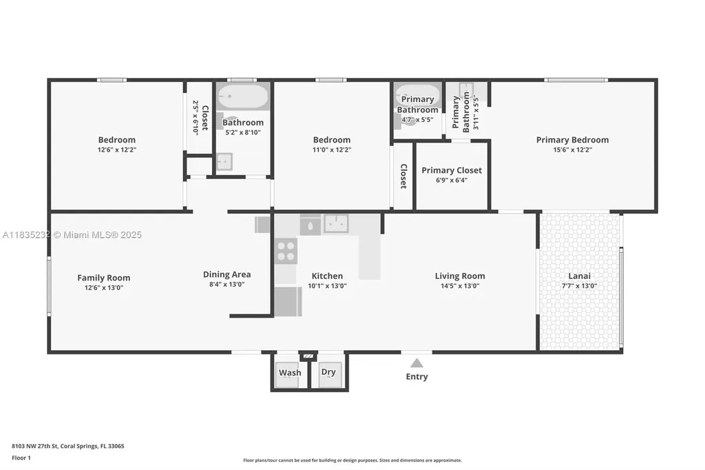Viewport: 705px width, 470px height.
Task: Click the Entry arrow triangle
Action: (x=417, y=363)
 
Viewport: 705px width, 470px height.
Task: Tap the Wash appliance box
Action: (x=290, y=372)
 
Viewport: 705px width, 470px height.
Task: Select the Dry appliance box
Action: (x=328, y=372)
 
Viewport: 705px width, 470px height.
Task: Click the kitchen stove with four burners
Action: (x=286, y=251)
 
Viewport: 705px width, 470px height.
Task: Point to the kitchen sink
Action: (x=336, y=223)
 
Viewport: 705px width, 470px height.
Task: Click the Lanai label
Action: (x=579, y=276)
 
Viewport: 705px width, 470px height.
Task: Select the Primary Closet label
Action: (x=452, y=170)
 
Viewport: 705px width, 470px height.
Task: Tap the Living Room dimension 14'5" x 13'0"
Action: (x=460, y=285)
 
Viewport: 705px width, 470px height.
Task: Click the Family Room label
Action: (x=103, y=278)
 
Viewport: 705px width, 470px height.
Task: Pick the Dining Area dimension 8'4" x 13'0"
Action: (x=227, y=284)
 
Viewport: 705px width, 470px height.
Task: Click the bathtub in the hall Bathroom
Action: (x=242, y=96)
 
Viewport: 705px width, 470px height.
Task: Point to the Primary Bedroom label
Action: (x=572, y=140)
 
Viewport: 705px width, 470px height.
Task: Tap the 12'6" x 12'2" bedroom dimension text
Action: (x=117, y=150)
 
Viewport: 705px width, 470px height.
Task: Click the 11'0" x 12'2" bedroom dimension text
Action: (x=332, y=150)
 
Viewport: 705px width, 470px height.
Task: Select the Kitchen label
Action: (x=327, y=276)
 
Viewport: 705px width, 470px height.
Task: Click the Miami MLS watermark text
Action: (x=72, y=235)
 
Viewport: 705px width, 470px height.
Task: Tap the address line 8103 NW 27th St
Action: (x=68, y=446)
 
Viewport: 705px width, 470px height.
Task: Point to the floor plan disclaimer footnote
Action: (x=352, y=460)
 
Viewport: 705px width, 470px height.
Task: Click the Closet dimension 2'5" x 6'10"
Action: (x=196, y=116)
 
